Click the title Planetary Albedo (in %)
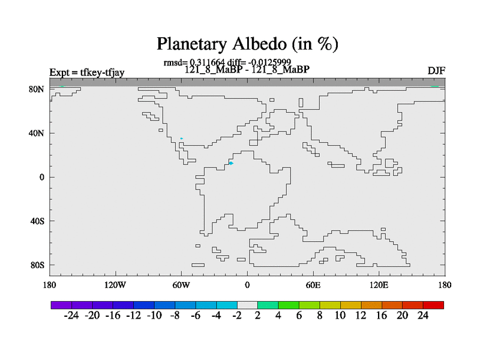[247, 44]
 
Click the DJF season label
[436, 71]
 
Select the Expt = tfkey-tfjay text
[87, 73]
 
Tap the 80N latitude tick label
[37, 89]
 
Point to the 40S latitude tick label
[37, 221]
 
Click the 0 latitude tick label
[41, 177]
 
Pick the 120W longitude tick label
[115, 286]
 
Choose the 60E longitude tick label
[313, 286]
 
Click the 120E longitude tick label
[379, 286]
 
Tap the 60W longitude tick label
[181, 286]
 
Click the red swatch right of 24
[433, 305]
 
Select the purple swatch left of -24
[62, 305]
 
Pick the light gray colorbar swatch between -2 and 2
[247, 305]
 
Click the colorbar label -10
[154, 316]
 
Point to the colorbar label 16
[382, 316]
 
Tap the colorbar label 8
[320, 316]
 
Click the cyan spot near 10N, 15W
[231, 163]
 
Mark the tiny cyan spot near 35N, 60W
[182, 139]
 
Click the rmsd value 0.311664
[207, 62]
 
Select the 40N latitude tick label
[37, 133]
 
